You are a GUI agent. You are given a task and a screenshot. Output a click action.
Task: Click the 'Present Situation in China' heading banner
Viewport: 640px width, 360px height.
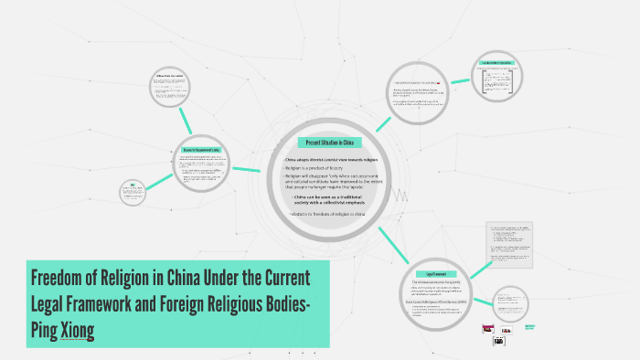click(x=330, y=143)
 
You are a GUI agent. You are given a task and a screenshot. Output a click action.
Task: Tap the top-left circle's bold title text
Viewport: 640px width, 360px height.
click(x=171, y=75)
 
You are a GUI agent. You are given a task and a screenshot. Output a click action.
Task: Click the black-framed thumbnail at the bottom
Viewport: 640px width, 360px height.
click(x=500, y=340)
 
